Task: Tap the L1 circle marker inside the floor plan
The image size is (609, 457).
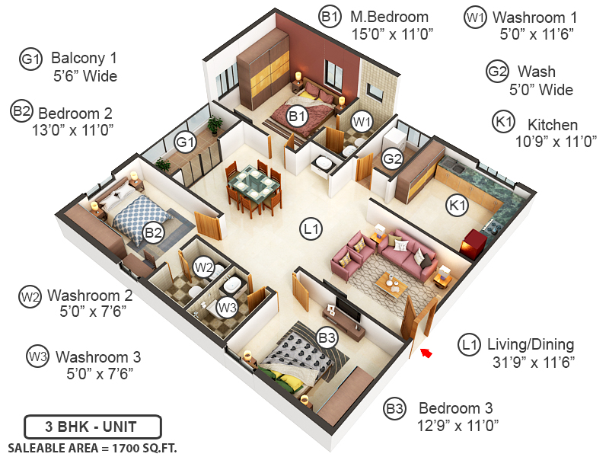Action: coord(311,227)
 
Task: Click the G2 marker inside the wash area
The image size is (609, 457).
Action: coord(392,159)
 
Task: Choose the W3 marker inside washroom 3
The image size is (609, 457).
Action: coord(227,308)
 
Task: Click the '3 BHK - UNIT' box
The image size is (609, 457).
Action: coord(92,426)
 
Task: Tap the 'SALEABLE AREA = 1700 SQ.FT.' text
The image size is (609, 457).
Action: coord(92,447)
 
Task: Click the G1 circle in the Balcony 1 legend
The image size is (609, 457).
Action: coord(30,59)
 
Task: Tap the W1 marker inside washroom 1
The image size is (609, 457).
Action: coord(362,121)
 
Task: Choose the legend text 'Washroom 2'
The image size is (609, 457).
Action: coord(90,295)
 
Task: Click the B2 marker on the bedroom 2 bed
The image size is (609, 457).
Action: coord(154,232)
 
